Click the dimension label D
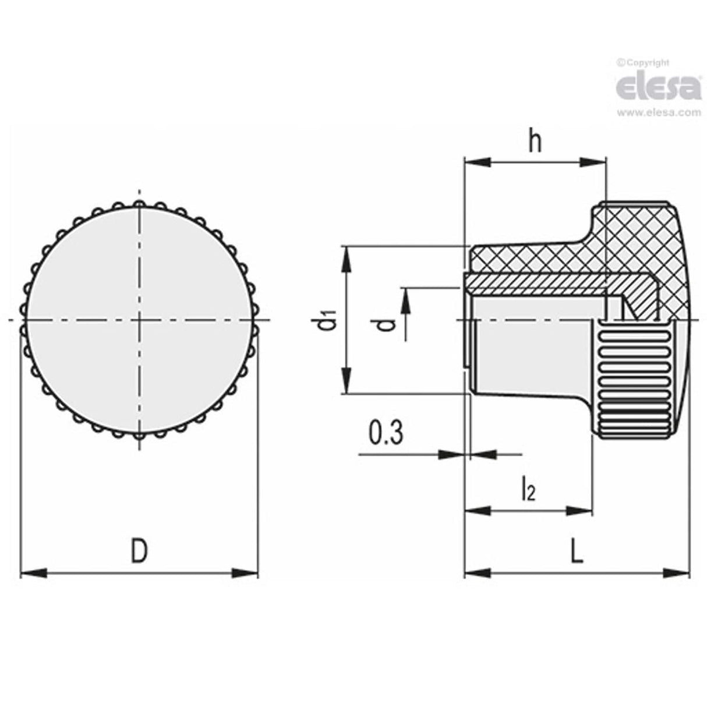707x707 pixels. click(x=138, y=552)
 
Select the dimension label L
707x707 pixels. click(x=575, y=552)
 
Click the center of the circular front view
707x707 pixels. click(x=139, y=320)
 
